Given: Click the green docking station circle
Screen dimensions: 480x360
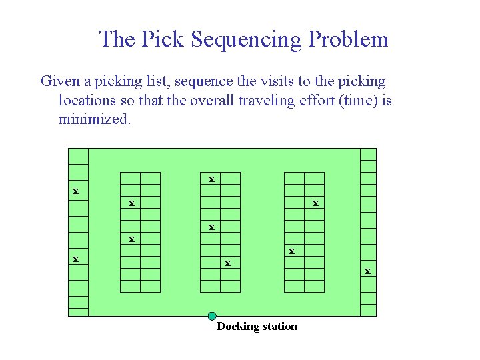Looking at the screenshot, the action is [x=212, y=316].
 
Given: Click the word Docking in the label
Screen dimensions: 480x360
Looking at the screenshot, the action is [x=237, y=326].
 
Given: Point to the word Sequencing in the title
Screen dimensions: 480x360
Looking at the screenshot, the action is [x=246, y=39].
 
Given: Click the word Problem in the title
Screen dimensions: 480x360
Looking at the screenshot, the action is [x=347, y=39].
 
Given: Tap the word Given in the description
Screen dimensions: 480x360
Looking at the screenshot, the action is [x=60, y=81].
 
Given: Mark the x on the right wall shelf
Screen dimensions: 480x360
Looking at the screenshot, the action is [x=367, y=271].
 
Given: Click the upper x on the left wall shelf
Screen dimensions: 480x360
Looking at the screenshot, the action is [x=76, y=191].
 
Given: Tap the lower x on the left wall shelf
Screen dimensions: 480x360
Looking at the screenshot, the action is [x=76, y=259].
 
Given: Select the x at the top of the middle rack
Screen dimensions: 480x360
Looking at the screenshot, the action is [x=211, y=179].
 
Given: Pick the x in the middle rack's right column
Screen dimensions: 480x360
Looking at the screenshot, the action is [x=228, y=263].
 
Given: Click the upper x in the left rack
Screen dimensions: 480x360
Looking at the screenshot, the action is [x=132, y=202].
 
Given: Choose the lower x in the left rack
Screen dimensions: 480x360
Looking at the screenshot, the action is [x=132, y=239].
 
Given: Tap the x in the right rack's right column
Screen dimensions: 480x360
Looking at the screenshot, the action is [x=316, y=202].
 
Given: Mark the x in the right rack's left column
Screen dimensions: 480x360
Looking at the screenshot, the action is [x=292, y=251].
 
